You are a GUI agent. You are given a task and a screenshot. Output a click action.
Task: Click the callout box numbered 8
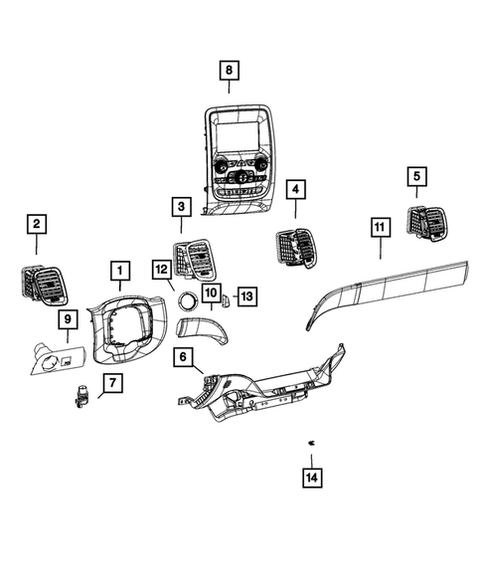[230, 70]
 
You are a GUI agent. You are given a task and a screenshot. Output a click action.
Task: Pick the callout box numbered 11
[379, 228]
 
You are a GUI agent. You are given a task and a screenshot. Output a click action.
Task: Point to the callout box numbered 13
[246, 295]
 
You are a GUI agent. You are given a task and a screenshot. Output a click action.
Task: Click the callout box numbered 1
[118, 270]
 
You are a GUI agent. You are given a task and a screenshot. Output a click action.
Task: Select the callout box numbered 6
[184, 356]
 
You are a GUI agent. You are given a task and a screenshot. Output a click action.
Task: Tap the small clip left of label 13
[226, 296]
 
